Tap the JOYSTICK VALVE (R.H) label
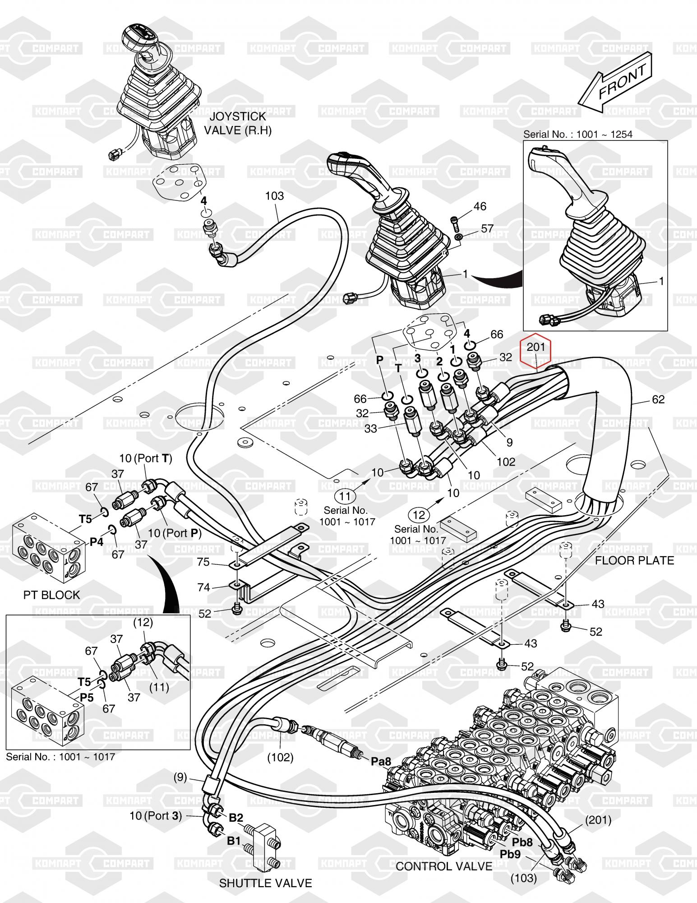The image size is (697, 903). pyautogui.click(x=238, y=124)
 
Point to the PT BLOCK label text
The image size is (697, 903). pyautogui.click(x=51, y=595)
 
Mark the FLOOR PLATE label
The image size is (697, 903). pyautogui.click(x=634, y=560)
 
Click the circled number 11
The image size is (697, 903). pyautogui.click(x=345, y=496)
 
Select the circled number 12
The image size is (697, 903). pyautogui.click(x=419, y=514)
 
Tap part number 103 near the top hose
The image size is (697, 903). pyautogui.click(x=274, y=195)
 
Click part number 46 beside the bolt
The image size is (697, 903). pyautogui.click(x=480, y=206)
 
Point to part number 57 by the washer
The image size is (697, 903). pyautogui.click(x=487, y=228)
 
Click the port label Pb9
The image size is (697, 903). pyautogui.click(x=510, y=854)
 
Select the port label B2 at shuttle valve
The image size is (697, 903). pyautogui.click(x=236, y=818)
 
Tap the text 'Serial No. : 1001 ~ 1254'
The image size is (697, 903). pyautogui.click(x=577, y=134)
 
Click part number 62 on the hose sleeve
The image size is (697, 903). pyautogui.click(x=658, y=399)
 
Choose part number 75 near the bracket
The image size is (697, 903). pyautogui.click(x=203, y=562)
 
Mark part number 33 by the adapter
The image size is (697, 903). pyautogui.click(x=370, y=428)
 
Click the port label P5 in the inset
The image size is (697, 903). pyautogui.click(x=87, y=698)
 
